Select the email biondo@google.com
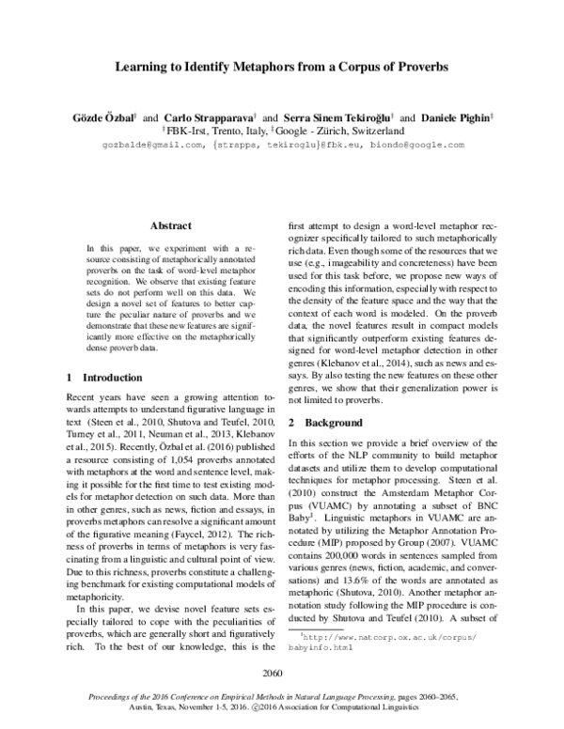(417, 146)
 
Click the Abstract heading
(170, 226)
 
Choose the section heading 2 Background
(325, 424)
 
